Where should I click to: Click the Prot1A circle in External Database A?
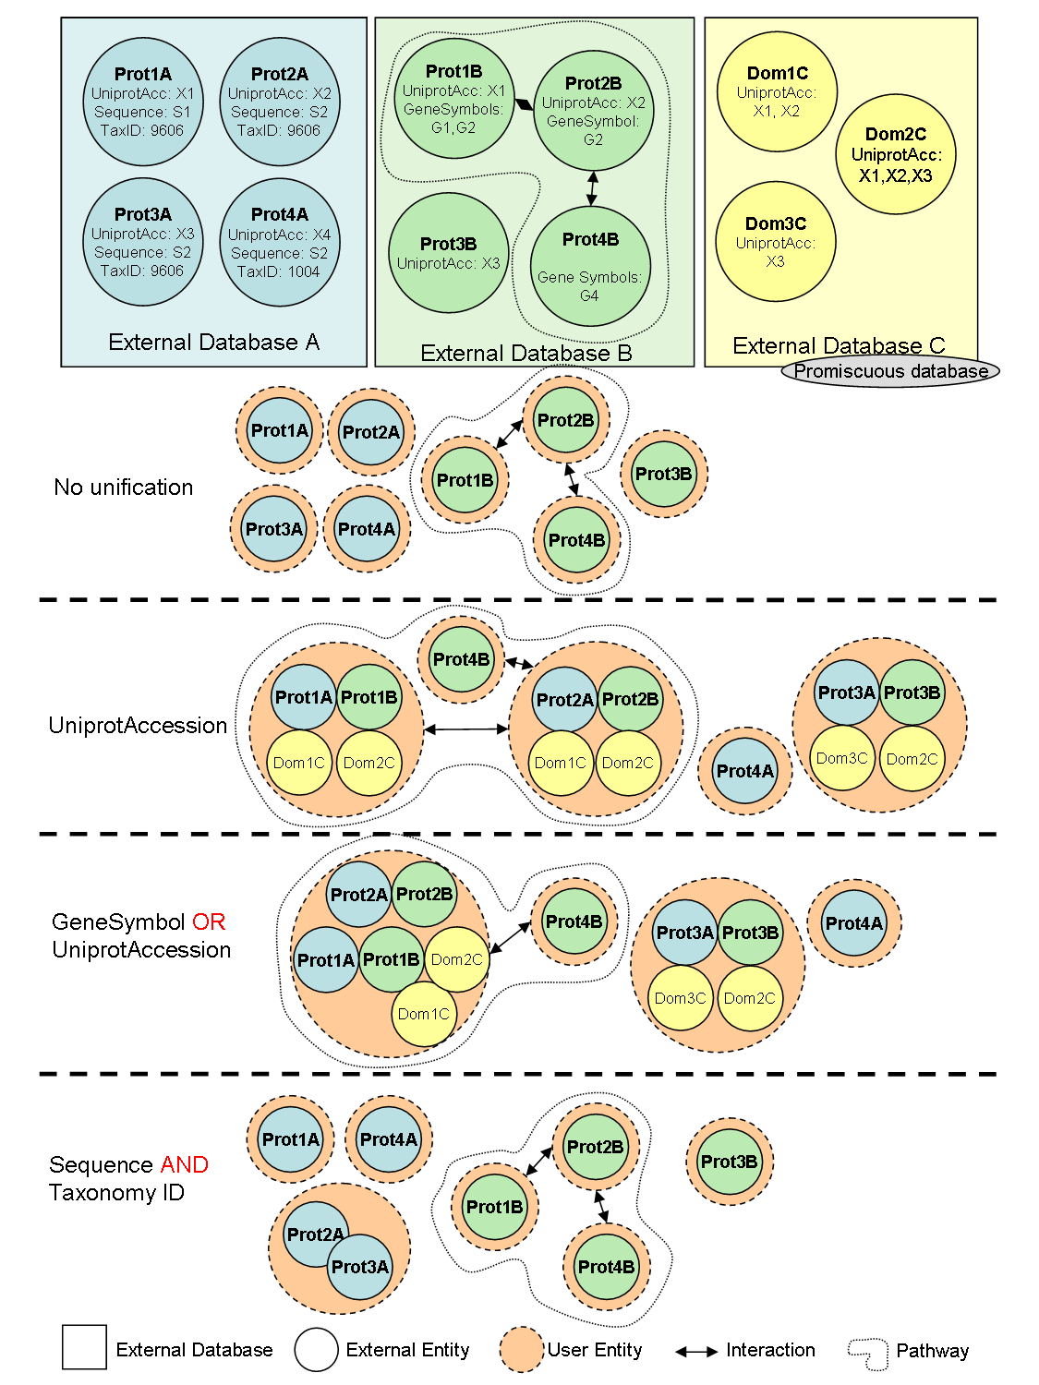coord(142,102)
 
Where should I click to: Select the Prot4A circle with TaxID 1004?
coord(279,242)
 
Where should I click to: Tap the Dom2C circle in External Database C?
coord(896,154)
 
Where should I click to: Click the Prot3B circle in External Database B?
coord(448,252)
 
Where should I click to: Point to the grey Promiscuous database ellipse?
coord(890,371)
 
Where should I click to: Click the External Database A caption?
coord(213,343)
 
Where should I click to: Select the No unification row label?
coord(124,488)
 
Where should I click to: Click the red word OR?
coord(209,921)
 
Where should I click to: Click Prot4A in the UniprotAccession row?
coord(745,771)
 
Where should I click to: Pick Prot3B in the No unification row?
coord(663,474)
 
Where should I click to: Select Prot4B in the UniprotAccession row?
coord(461,659)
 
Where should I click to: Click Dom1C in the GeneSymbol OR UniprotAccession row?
coord(424,1014)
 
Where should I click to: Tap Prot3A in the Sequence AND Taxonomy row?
coord(360,1267)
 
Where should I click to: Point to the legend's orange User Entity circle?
coord(522,1350)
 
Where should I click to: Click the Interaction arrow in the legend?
coord(696,1352)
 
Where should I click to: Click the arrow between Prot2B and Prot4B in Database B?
coord(592,188)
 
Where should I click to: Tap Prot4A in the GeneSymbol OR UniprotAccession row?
coord(853,923)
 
